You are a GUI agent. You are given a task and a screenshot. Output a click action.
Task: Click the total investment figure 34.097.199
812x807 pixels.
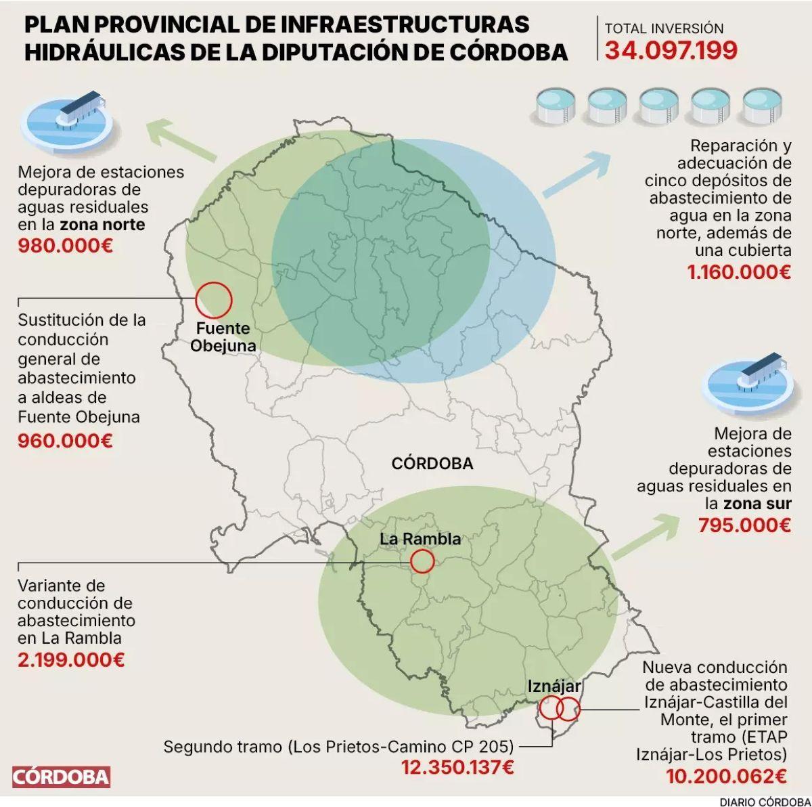point(671,51)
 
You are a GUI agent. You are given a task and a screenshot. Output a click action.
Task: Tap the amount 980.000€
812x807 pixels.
point(65,244)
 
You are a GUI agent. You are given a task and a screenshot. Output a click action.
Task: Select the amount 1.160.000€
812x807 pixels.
point(739,273)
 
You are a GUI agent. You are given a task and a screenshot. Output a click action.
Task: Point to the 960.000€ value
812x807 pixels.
point(65,441)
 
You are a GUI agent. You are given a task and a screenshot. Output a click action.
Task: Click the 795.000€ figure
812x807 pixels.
point(744,525)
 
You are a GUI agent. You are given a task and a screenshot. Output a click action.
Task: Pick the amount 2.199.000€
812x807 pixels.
point(71,659)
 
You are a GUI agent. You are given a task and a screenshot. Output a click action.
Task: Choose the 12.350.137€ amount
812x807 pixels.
point(457,768)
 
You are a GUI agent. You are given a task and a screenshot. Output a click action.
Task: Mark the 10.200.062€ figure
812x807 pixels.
point(726,776)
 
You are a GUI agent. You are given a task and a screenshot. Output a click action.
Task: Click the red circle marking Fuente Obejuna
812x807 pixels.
point(214,300)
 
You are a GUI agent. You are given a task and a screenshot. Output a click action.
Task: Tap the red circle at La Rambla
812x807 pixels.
point(422,561)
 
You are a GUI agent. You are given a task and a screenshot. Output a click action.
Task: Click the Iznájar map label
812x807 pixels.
point(554,686)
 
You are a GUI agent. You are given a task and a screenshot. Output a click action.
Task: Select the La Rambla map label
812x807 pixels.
point(420,539)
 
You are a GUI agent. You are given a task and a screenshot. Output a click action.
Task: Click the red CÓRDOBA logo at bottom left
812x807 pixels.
point(60,776)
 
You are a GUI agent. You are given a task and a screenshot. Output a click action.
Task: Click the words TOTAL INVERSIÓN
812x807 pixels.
point(664,29)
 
